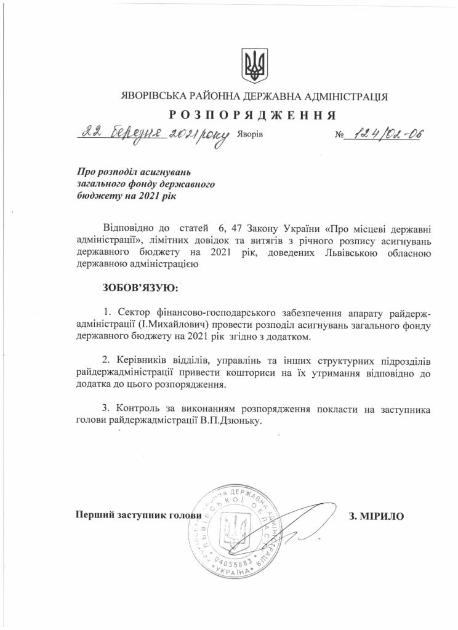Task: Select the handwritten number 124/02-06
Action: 384,135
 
